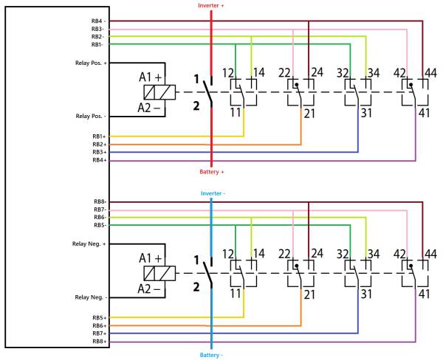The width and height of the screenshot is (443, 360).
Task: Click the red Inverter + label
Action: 210,6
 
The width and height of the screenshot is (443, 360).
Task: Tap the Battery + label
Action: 212,172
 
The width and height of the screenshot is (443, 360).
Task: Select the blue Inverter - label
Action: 213,193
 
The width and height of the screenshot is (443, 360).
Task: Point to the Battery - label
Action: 211,355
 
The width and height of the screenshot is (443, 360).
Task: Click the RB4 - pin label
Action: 98,21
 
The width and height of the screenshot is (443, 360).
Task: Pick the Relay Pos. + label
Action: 91,63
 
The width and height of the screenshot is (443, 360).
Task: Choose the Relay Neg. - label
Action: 91,297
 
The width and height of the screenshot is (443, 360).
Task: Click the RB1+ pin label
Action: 100,136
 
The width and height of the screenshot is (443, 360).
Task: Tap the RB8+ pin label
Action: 100,342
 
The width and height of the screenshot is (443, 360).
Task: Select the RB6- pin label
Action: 100,217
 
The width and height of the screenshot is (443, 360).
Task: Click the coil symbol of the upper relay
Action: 159,92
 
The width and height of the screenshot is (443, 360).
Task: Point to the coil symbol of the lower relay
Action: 159,273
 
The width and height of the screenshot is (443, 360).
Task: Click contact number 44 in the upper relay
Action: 430,73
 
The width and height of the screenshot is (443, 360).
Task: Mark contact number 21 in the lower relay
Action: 309,295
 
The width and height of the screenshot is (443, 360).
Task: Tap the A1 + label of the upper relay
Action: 151,77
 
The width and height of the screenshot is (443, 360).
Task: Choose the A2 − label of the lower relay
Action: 149,289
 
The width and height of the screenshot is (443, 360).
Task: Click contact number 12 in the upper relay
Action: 228,73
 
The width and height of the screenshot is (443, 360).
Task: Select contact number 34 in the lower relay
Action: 374,254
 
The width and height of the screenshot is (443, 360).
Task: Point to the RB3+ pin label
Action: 100,152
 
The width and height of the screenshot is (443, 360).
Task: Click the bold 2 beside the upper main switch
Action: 196,106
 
